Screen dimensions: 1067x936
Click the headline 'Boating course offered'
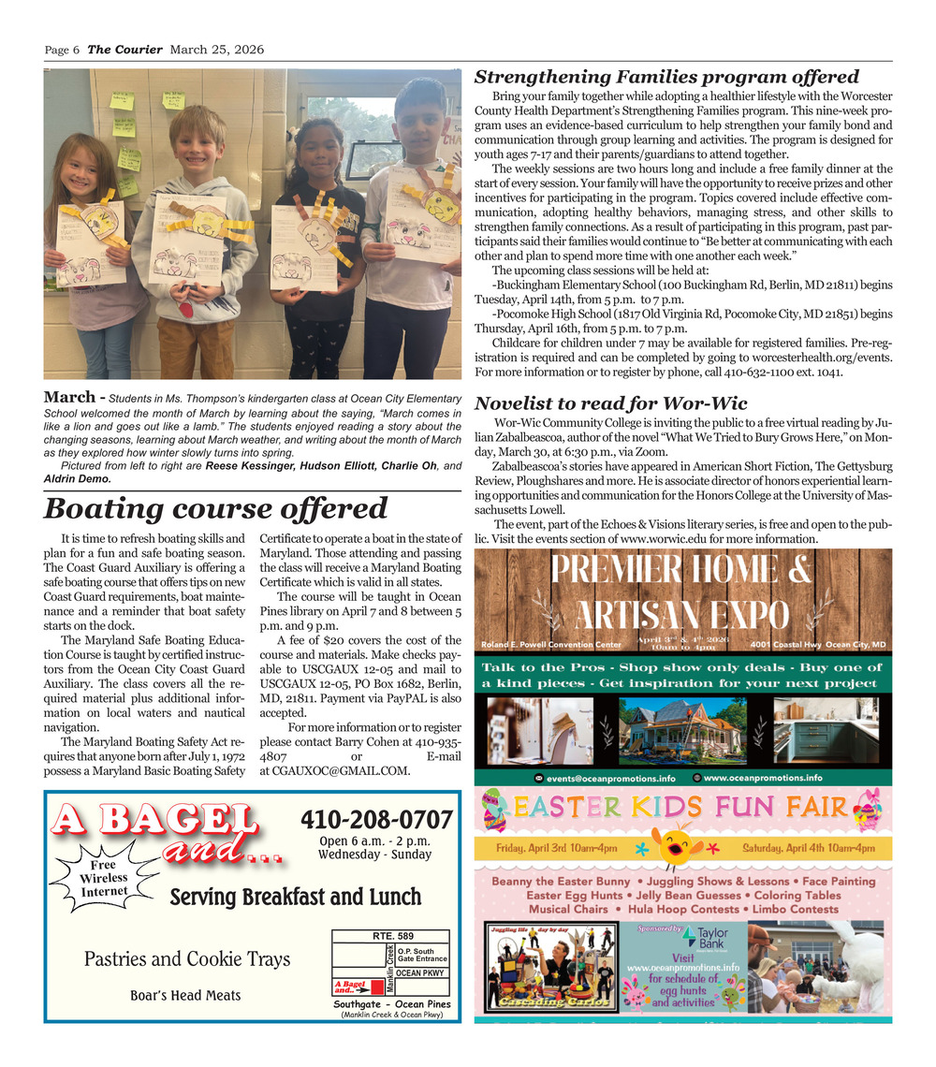pos(215,508)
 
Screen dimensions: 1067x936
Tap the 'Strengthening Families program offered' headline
pos(666,77)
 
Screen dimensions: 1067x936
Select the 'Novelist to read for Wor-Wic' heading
pos(611,403)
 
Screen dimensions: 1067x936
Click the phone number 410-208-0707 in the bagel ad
pos(376,820)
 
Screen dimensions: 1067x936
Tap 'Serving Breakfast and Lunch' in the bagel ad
pos(295,898)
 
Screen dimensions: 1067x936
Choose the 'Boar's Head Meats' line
pos(185,995)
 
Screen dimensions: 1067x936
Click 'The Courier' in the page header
pos(124,50)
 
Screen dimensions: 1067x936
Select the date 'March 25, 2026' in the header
pos(217,50)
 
